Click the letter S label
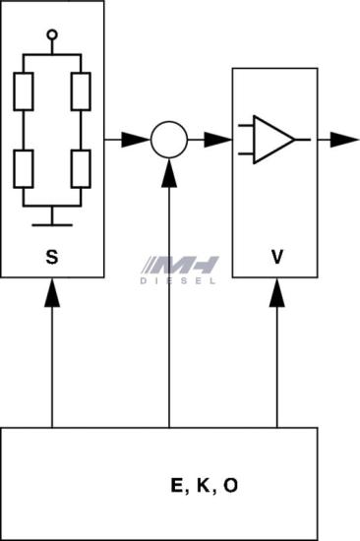(52, 257)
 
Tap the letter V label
(277, 257)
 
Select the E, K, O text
(205, 486)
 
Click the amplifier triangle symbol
(274, 140)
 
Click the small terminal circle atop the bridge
(52, 34)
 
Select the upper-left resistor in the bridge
(24, 91)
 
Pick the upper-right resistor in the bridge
(81, 91)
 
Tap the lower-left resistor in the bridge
(24, 169)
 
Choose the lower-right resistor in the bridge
(81, 169)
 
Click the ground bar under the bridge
(52, 225)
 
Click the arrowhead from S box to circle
(136, 140)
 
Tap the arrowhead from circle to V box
(218, 140)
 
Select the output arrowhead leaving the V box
(345, 140)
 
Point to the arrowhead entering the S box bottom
(52, 292)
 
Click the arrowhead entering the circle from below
(169, 173)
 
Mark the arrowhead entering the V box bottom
(276, 292)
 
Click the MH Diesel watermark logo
(179, 270)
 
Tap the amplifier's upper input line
(246, 125)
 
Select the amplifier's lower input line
(246, 153)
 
